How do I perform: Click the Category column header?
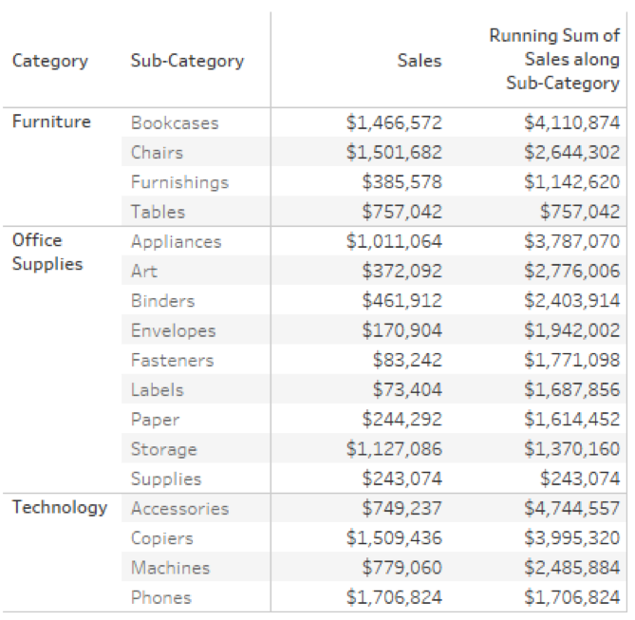click(49, 61)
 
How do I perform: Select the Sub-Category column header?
click(186, 61)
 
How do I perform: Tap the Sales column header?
click(420, 61)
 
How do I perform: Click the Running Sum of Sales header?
click(554, 60)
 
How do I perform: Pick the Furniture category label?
click(51, 122)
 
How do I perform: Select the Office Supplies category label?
click(47, 252)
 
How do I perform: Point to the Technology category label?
click(59, 507)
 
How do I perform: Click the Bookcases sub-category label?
click(175, 122)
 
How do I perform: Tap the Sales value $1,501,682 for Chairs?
click(394, 152)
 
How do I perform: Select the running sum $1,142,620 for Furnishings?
click(571, 182)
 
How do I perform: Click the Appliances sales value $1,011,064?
click(394, 241)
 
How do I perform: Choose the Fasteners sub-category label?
click(172, 360)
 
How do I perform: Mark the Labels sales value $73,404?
click(408, 389)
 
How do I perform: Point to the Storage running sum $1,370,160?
click(571, 449)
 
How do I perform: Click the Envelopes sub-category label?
click(173, 330)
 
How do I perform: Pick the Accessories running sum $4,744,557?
click(571, 508)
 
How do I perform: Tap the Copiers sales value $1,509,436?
click(394, 538)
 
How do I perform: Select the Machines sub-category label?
click(170, 568)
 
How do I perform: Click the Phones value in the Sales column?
click(394, 597)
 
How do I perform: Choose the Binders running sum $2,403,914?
click(571, 301)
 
